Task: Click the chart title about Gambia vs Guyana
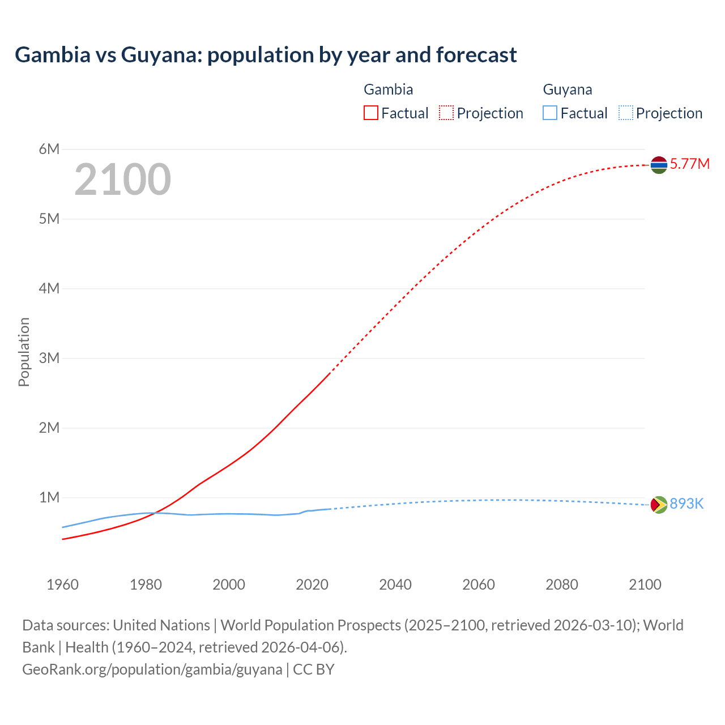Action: click(x=266, y=55)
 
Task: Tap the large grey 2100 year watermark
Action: click(x=122, y=180)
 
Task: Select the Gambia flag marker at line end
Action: click(x=659, y=165)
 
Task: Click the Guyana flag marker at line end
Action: click(x=659, y=504)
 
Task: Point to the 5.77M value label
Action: click(x=689, y=164)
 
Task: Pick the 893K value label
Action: click(x=686, y=504)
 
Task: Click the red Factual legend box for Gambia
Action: click(x=371, y=113)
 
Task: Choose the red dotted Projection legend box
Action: click(x=446, y=113)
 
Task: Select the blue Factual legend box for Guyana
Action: click(x=550, y=113)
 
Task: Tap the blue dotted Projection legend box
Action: click(x=625, y=113)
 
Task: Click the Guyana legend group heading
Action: click(x=568, y=89)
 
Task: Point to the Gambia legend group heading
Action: click(x=388, y=89)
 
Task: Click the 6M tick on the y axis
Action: click(x=49, y=149)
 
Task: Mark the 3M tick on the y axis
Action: click(x=49, y=358)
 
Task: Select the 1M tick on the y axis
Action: click(x=49, y=497)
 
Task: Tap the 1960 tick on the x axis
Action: click(x=62, y=585)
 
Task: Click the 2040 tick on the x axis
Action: click(x=395, y=585)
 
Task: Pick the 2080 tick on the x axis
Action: click(x=562, y=585)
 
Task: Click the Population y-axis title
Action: click(x=24, y=352)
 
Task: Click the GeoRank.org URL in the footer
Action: click(x=152, y=669)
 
